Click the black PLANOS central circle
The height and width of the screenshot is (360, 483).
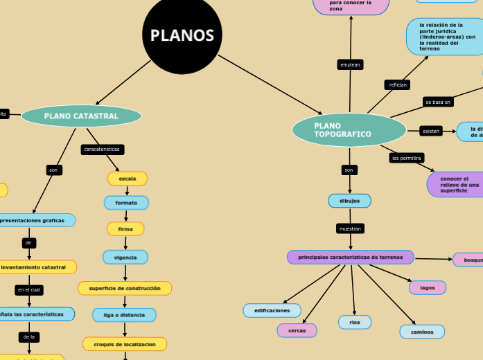(x=182, y=35)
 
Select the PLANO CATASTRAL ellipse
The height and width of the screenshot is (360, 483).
(x=81, y=116)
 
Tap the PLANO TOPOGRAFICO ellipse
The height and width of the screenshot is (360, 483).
(x=349, y=130)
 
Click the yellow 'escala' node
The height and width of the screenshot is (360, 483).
(x=128, y=179)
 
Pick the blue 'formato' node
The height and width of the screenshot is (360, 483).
(x=126, y=203)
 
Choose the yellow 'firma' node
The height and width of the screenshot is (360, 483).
(x=125, y=228)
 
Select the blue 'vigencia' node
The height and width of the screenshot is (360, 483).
(x=125, y=257)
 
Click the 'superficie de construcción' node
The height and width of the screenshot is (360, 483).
(x=125, y=288)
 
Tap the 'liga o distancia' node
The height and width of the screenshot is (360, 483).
(x=124, y=315)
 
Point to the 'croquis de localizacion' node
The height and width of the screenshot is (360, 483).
(x=125, y=343)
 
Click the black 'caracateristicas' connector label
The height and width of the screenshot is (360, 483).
(x=103, y=149)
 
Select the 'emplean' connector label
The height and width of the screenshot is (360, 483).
(x=350, y=64)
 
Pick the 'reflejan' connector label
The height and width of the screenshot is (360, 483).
(x=398, y=84)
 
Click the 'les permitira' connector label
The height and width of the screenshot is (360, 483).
(x=407, y=158)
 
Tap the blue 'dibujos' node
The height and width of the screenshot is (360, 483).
(x=349, y=201)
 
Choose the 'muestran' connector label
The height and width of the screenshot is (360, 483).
(x=350, y=228)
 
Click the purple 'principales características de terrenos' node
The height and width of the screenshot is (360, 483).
(x=350, y=258)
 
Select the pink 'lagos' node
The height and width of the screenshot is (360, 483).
(x=428, y=287)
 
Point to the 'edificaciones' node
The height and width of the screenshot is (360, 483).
(x=272, y=310)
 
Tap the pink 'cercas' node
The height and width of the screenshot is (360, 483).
(x=297, y=330)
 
